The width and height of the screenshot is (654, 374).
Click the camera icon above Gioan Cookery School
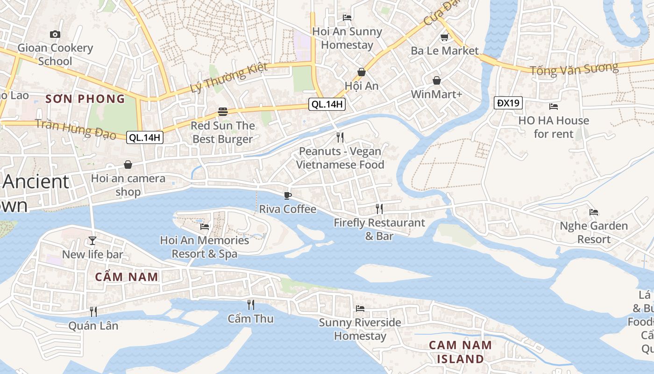click(55, 34)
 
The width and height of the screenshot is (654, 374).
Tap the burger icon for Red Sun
click(223, 112)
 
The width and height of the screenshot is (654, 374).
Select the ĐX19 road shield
click(508, 103)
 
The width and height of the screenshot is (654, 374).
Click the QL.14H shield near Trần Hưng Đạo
click(145, 137)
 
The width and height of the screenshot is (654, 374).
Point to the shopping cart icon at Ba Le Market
click(444, 37)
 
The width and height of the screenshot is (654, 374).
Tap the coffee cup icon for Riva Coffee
click(288, 195)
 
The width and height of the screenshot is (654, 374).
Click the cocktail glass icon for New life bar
click(92, 241)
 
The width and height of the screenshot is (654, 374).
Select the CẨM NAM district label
click(127, 277)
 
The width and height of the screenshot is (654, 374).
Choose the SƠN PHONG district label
click(85, 99)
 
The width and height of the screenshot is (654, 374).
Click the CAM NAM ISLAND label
click(460, 352)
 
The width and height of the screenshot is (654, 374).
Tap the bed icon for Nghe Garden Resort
click(594, 212)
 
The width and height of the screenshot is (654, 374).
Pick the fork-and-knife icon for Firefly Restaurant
click(379, 209)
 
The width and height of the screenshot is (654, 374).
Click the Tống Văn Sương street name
click(574, 69)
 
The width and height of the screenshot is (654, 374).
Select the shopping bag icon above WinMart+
click(437, 81)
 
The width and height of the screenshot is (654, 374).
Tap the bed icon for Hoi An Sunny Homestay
click(347, 18)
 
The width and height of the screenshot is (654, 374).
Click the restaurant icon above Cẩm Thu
click(251, 305)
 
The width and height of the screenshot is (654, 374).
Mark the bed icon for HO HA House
click(554, 107)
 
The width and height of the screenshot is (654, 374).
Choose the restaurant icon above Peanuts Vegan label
click(340, 137)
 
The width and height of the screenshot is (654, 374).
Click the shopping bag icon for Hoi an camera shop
click(128, 165)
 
